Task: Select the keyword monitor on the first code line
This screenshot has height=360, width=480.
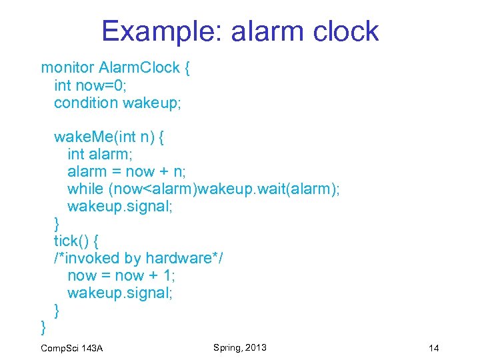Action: pyautogui.click(x=67, y=67)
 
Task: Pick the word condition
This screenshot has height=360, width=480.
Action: pyautogui.click(x=86, y=102)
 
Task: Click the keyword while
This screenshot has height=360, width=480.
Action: pyautogui.click(x=85, y=189)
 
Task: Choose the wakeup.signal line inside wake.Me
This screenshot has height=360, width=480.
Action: pyautogui.click(x=120, y=206)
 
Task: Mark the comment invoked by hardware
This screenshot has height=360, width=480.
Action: pyautogui.click(x=138, y=258)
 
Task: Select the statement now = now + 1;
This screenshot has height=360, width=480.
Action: pyautogui.click(x=121, y=275)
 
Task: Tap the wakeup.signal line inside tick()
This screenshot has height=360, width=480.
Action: pyautogui.click(x=120, y=293)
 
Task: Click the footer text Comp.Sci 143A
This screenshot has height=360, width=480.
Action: pyautogui.click(x=71, y=349)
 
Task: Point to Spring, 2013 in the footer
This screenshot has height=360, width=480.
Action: pyautogui.click(x=240, y=347)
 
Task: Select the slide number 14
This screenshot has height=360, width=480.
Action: pyautogui.click(x=434, y=349)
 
